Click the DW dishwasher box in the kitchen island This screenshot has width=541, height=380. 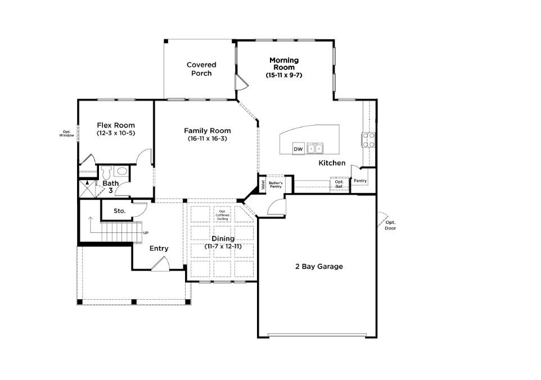298,149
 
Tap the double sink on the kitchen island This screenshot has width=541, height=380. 315,149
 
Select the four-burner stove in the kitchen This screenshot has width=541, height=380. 368,140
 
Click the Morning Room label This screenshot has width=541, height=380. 284,64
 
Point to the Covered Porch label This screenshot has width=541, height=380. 201,69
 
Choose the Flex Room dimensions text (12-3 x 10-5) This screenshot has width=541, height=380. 116,133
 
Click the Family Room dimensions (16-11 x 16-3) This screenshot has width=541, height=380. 208,139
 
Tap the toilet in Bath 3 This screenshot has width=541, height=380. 107,172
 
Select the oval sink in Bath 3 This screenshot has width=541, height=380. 121,171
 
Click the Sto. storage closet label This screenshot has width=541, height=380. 120,211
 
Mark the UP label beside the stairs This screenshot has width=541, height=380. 146,233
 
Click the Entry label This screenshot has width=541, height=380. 159,249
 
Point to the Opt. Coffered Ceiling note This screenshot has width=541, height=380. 223,215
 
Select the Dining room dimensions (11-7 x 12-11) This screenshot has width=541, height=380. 223,246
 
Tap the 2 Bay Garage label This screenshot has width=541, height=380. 319,266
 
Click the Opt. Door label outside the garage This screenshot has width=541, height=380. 391,225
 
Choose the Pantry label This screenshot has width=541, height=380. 360,181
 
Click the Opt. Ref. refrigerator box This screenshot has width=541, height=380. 339,184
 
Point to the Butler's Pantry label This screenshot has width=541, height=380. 276,185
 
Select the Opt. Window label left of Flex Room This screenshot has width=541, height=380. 66,134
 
